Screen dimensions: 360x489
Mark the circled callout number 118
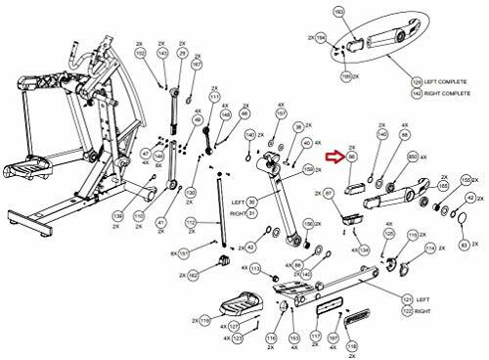coord(351,346)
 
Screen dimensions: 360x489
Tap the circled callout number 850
coord(414,156)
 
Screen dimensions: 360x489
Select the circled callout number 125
coord(389,236)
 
